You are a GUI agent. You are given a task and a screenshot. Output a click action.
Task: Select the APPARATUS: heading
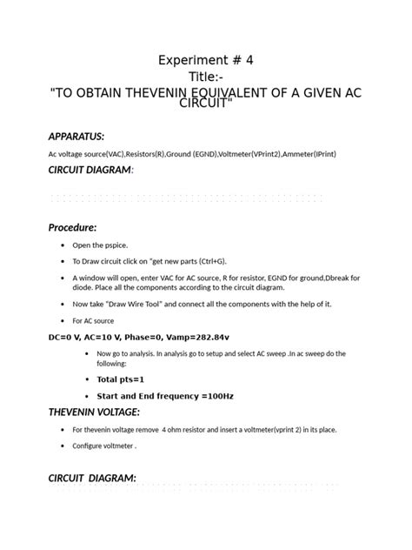coord(76,136)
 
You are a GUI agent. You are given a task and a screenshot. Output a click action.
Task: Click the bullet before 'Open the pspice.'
coord(63,245)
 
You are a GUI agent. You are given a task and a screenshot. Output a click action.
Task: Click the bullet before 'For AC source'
coord(63,320)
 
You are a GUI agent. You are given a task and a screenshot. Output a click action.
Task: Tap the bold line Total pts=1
coord(120,379)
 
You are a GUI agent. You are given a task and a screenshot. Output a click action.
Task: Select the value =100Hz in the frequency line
coord(216,396)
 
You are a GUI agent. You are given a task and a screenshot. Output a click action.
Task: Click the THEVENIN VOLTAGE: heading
coord(94,412)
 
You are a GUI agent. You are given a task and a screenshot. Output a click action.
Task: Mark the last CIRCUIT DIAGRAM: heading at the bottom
coord(92,478)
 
